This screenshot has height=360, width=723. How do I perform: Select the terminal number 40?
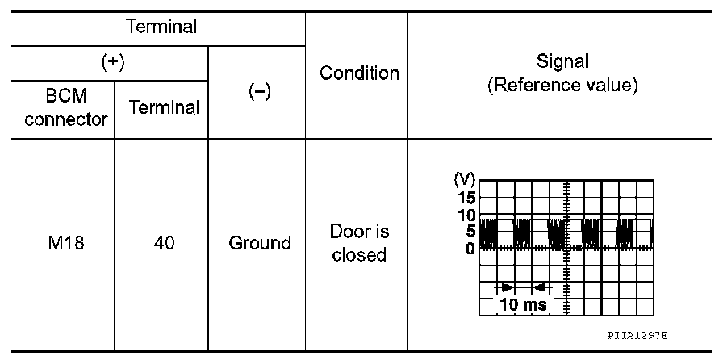click(x=161, y=243)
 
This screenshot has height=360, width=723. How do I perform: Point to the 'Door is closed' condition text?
click(x=359, y=243)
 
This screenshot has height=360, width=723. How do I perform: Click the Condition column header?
click(x=359, y=73)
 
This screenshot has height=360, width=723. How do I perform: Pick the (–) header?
click(x=257, y=92)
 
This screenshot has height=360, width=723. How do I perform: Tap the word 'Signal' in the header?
click(x=562, y=62)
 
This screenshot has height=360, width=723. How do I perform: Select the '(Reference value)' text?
click(x=562, y=86)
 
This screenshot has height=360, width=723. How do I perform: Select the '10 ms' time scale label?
click(x=522, y=305)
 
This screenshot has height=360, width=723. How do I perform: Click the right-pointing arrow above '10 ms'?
click(x=504, y=287)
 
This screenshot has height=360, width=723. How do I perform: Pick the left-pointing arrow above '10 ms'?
click(x=541, y=287)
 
